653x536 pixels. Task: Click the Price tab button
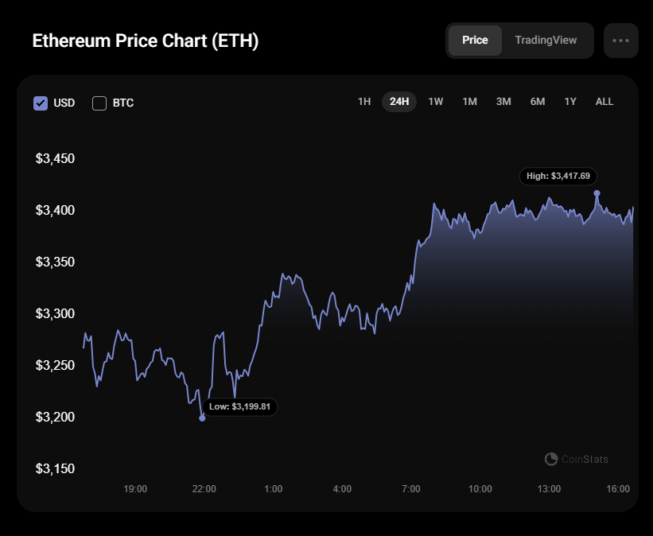475,41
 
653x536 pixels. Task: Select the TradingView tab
546,41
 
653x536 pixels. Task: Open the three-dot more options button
620,41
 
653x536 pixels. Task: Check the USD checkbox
41,103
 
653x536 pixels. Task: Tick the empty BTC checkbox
99,103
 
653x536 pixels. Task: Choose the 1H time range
364,102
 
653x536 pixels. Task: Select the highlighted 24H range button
399,102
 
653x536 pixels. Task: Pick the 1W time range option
436,102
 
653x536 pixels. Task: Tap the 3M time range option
503,102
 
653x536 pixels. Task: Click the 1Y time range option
570,102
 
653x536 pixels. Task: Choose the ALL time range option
604,102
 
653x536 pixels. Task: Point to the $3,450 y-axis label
55,159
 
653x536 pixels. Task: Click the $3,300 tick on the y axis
55,314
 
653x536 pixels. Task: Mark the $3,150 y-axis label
55,469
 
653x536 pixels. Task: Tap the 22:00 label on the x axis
204,489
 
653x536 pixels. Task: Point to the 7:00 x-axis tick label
411,489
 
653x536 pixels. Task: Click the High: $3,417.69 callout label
558,177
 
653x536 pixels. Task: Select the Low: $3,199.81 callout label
239,406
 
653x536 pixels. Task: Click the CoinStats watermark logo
551,460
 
